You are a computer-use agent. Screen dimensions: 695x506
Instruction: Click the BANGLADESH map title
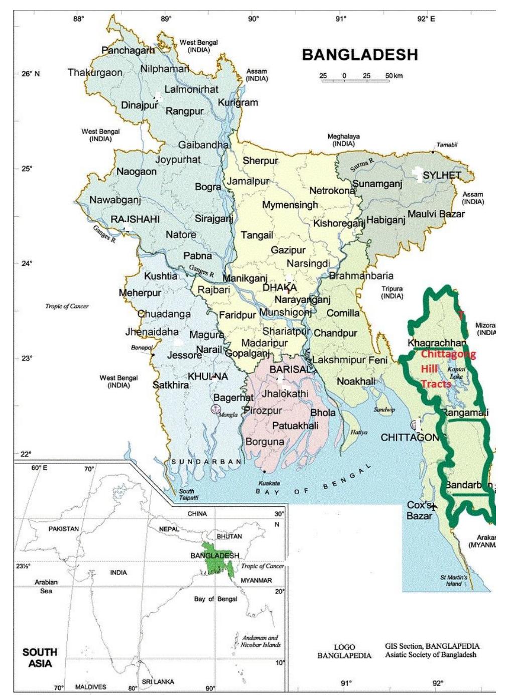tap(360, 55)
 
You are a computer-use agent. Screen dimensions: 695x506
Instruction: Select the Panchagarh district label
tap(128, 50)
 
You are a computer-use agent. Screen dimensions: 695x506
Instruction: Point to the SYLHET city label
tap(442, 175)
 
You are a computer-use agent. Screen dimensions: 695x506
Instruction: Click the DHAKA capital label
tap(280, 288)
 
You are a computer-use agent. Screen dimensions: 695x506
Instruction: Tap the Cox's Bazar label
tap(420, 510)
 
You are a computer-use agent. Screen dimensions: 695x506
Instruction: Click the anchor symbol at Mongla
tap(215, 409)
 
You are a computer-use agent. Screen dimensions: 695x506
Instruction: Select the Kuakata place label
tap(269, 483)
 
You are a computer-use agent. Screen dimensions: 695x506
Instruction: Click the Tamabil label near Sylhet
tap(447, 145)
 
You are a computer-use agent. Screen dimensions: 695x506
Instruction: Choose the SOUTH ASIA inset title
tap(40, 657)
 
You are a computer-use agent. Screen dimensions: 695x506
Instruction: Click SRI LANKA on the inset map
tap(158, 682)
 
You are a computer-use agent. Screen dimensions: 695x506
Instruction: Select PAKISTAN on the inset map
tap(63, 529)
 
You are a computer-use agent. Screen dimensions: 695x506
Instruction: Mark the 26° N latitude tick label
tap(30, 74)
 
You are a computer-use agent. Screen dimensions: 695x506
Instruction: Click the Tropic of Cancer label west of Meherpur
tap(67, 306)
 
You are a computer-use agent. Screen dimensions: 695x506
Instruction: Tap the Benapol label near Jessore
tap(142, 347)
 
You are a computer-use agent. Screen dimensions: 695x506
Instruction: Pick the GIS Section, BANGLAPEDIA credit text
tap(432, 650)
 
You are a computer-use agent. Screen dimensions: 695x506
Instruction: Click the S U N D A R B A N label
tap(207, 462)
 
